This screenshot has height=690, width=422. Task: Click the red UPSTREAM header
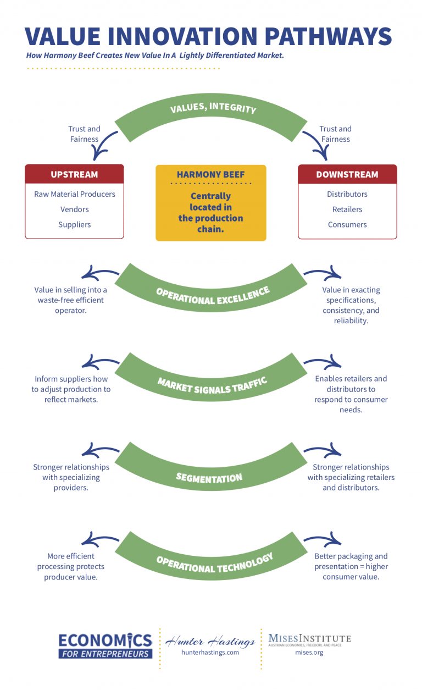pos(74,174)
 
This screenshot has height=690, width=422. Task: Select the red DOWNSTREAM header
pos(347,174)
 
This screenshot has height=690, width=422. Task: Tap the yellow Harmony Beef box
pos(211,203)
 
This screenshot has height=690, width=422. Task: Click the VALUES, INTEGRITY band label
pos(213,106)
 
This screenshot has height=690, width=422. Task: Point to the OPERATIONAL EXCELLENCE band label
pos(213,296)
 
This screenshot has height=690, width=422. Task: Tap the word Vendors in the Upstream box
pos(74,209)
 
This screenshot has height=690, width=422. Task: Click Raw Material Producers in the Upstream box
pos(74,194)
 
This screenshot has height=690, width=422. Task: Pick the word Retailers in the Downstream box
pos(347,209)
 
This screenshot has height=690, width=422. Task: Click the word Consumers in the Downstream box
pos(347,224)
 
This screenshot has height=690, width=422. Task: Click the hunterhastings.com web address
pos(210,653)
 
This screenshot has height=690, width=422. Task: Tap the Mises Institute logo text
pos(309,639)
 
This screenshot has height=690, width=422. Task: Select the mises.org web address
pos(309,653)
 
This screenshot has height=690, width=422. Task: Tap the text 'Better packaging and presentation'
pos(351,561)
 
